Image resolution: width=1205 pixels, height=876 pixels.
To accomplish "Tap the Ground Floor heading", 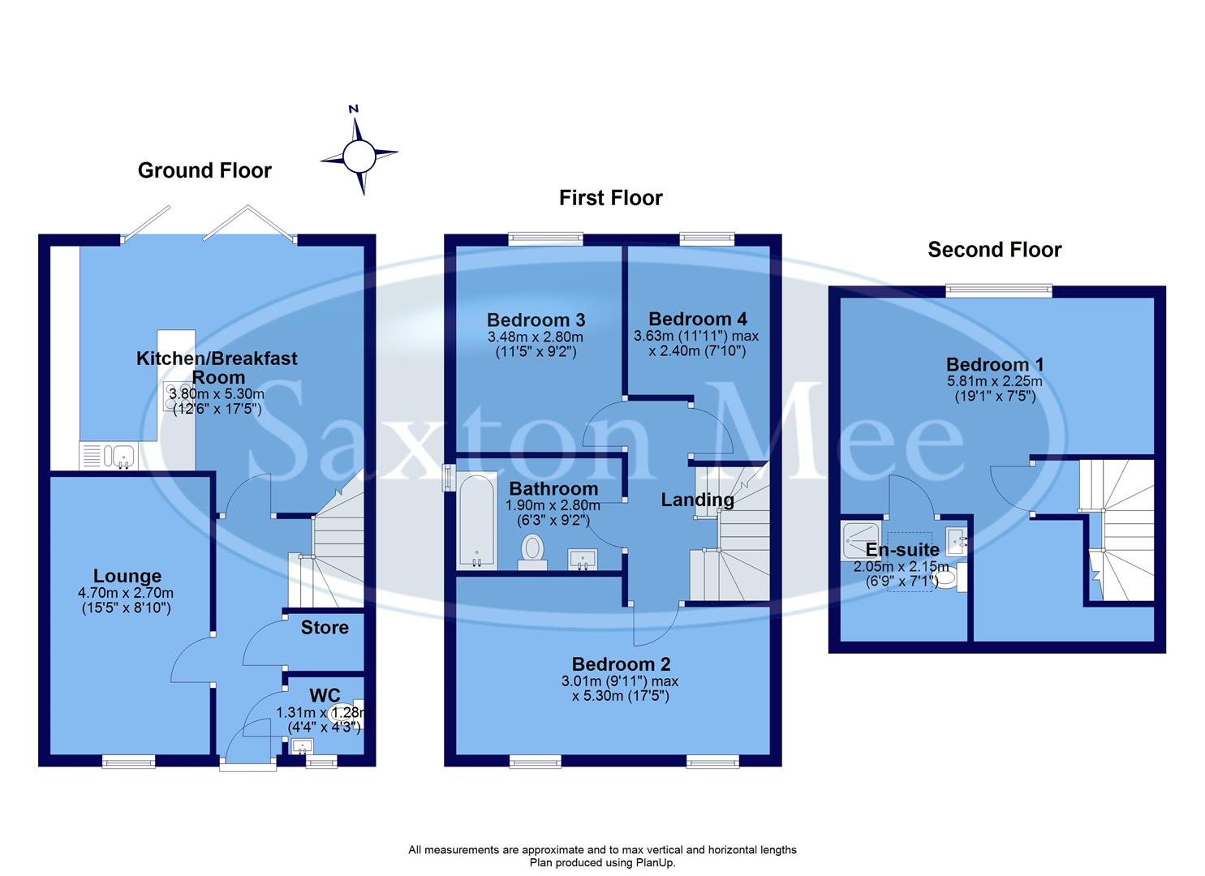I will coord(204,170).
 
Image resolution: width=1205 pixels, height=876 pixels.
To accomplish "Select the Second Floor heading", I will coord(994,250).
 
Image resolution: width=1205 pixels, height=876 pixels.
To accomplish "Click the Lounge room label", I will coord(127,576).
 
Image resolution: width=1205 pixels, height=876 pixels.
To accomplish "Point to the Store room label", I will coord(325,627).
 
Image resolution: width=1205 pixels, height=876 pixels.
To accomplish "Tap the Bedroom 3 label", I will coord(536,320).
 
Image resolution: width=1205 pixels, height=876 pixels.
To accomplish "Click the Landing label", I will coord(697,500).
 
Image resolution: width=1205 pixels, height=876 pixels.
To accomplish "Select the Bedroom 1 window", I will coord(999,289).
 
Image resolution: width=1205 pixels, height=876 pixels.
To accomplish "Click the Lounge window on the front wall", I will coord(128,761).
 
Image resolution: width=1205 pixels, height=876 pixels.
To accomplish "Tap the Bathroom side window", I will coord(447,478).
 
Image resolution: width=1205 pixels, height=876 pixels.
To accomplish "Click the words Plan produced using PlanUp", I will coord(602,863).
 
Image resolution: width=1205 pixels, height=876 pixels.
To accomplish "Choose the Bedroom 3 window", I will coord(545,238).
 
